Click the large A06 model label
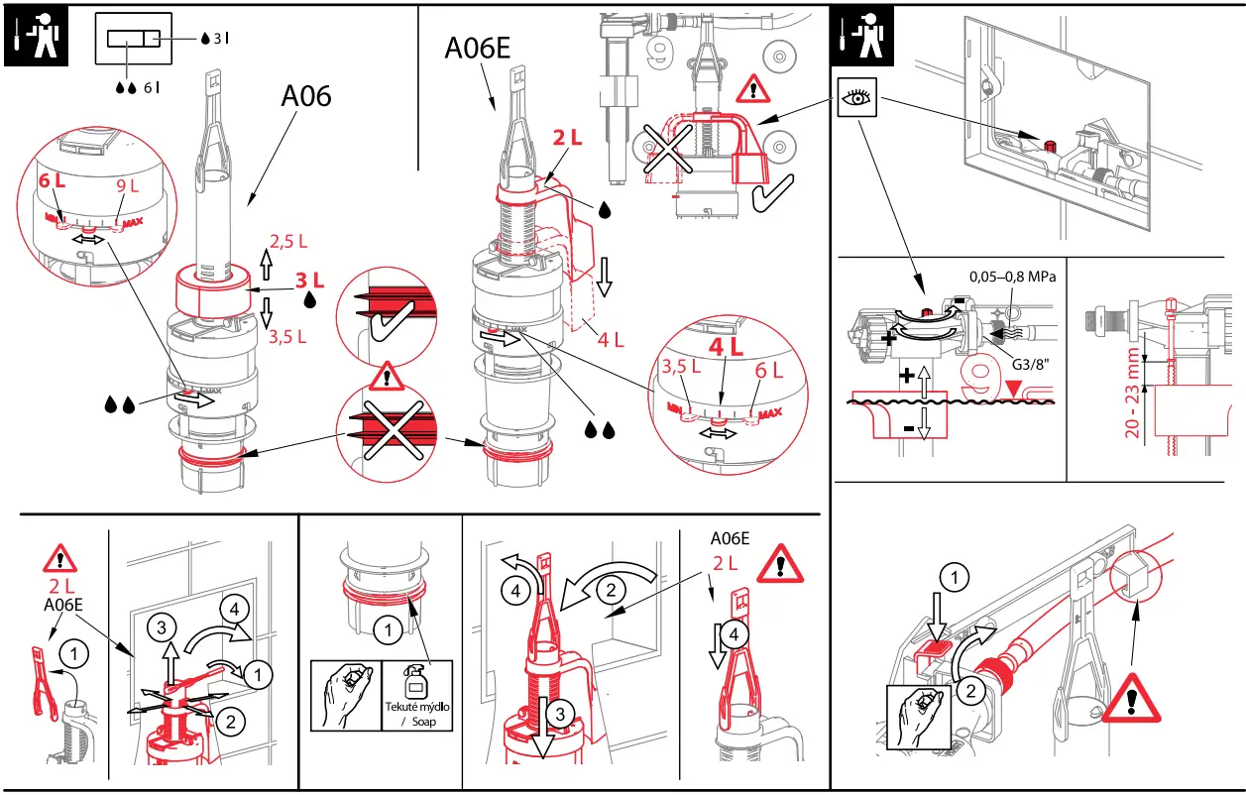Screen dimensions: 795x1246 [305, 96]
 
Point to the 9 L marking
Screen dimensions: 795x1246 [129, 185]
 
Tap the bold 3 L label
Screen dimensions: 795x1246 [309, 281]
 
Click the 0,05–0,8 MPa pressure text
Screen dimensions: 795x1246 [1011, 277]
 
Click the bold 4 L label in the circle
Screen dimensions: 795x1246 [726, 348]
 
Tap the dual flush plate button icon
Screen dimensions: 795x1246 [133, 39]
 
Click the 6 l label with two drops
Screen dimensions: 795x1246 [138, 87]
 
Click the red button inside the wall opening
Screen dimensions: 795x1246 [1047, 147]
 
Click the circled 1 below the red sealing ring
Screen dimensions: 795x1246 [388, 628]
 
